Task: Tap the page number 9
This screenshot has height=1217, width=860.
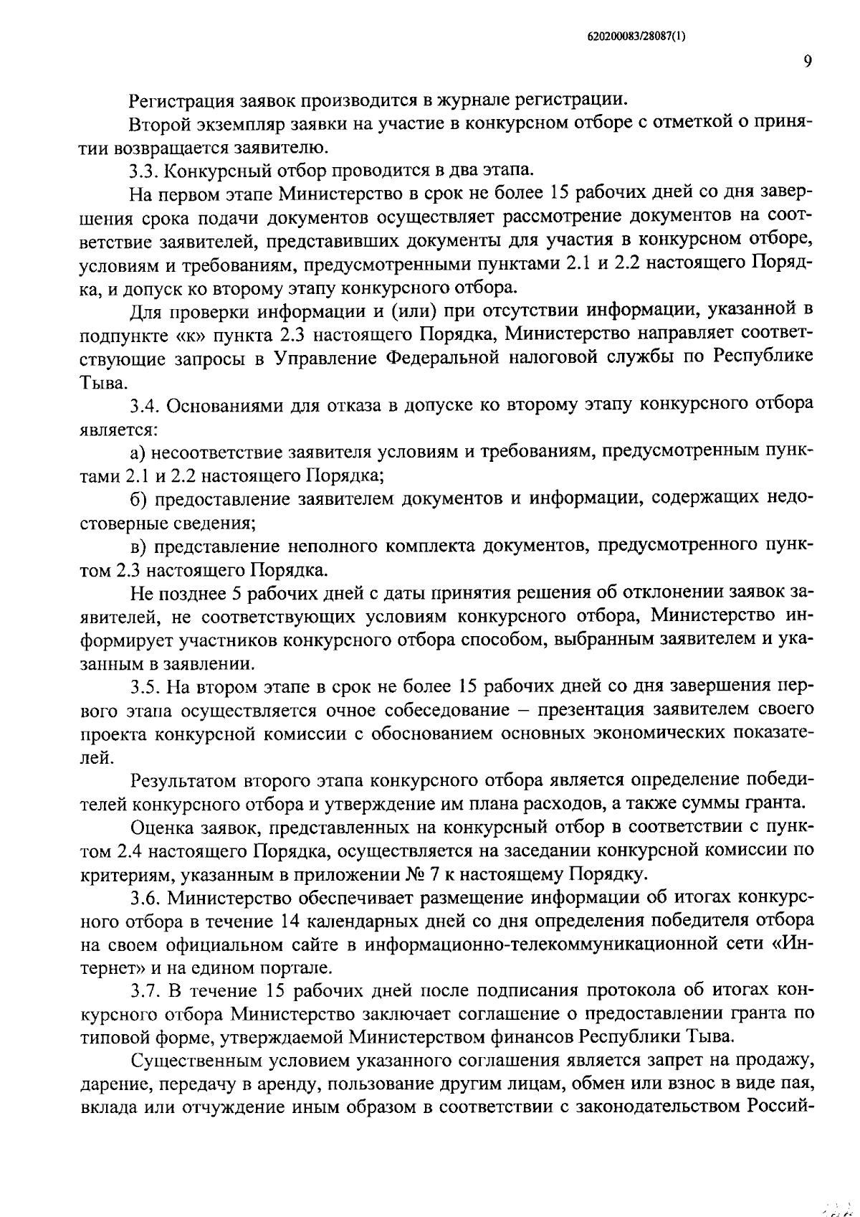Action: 807,62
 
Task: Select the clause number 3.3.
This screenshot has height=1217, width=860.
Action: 145,171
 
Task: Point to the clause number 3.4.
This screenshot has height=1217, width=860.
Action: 145,406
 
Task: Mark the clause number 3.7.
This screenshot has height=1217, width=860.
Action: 145,991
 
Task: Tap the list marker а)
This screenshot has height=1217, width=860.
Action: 138,453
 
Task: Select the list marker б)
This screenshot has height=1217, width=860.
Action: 138,500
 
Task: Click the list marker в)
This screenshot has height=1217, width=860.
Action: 138,546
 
